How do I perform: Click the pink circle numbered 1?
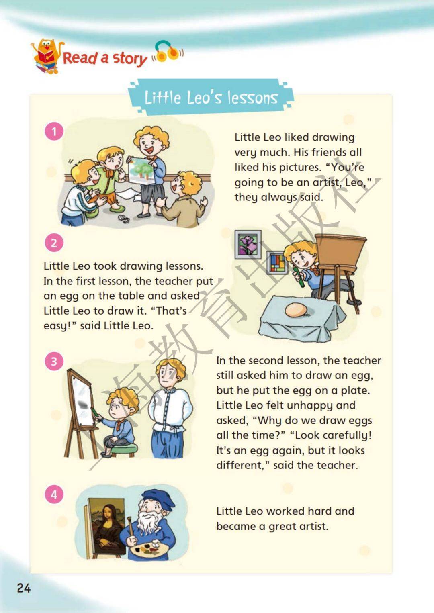click(54, 131)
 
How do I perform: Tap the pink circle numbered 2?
click(54, 243)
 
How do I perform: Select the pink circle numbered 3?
click(54, 361)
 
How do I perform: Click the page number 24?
click(24, 588)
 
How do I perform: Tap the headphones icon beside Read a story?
click(168, 51)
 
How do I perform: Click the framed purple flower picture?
click(248, 244)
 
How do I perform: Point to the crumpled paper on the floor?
click(125, 219)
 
